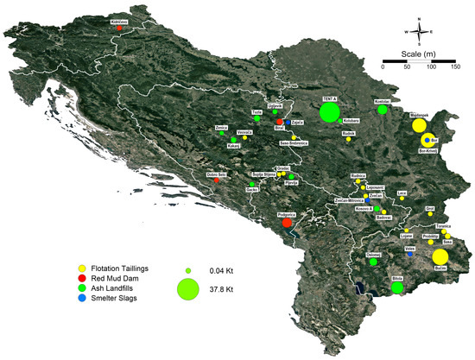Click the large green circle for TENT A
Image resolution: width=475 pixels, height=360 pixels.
point(330,112)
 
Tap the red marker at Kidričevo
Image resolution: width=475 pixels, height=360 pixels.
point(120,28)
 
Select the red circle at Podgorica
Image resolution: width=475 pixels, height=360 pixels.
point(287,224)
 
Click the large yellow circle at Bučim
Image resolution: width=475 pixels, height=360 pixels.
point(440,257)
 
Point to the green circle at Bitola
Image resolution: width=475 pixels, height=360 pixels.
point(397,287)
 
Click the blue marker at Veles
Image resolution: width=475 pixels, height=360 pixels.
point(409,254)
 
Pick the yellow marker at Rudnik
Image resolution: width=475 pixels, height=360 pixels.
point(349,140)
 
